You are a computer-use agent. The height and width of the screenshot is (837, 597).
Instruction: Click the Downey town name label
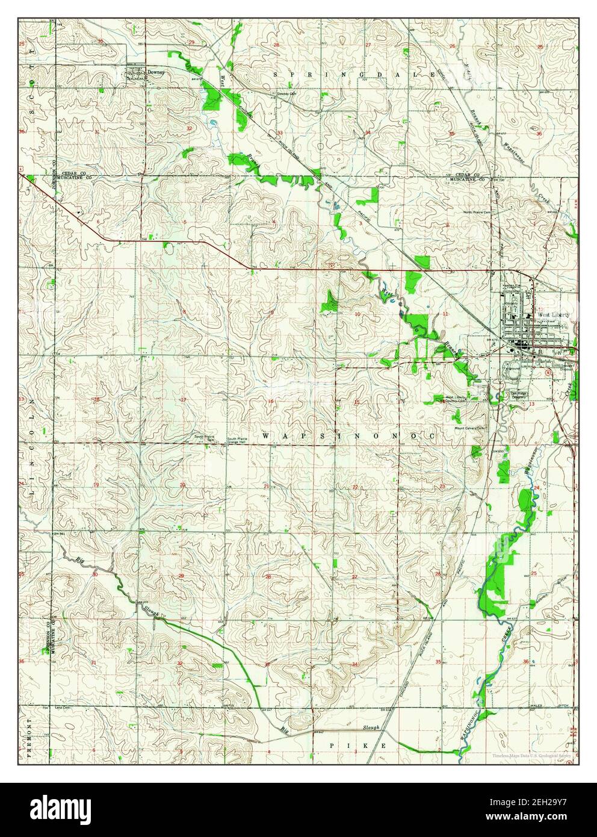tap(156, 72)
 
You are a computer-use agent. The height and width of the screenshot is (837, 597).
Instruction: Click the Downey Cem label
tap(286, 94)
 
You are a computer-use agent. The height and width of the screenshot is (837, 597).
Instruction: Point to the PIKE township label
tap(357, 745)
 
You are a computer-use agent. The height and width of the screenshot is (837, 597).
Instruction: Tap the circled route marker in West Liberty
tap(546, 372)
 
